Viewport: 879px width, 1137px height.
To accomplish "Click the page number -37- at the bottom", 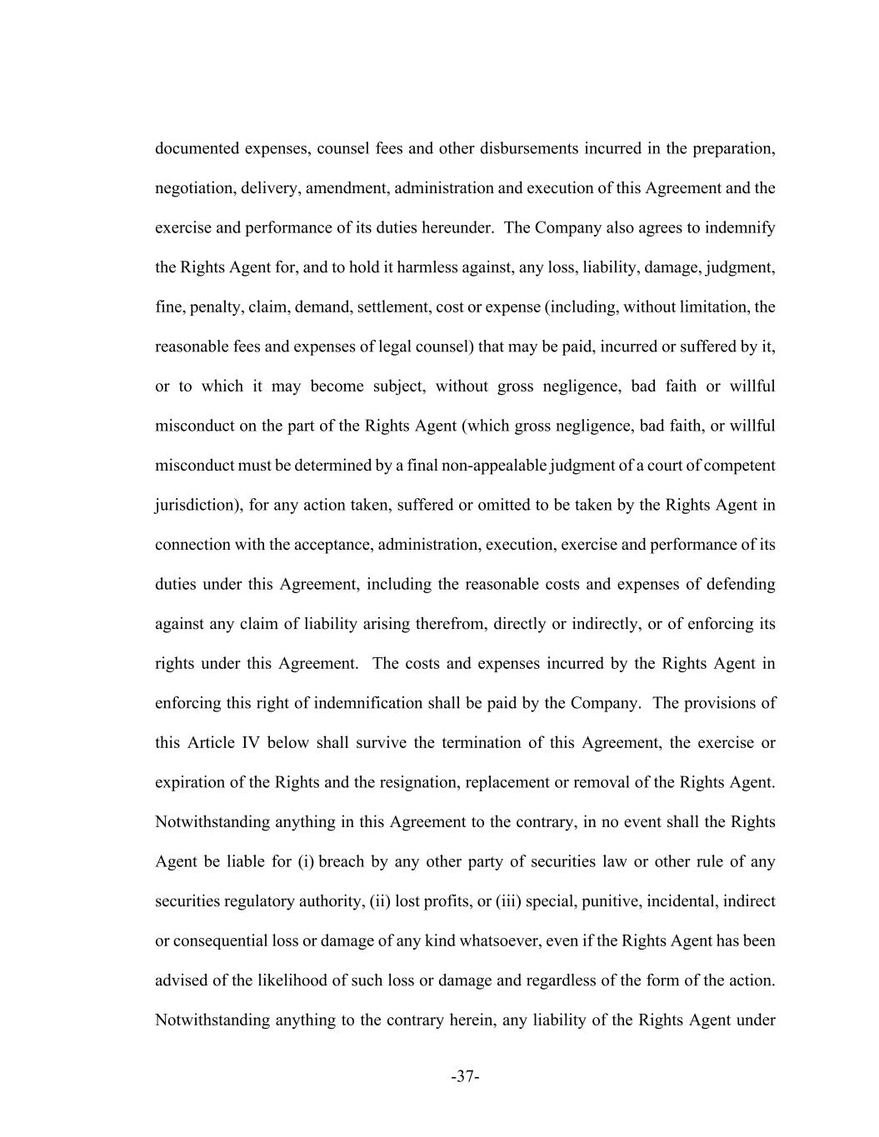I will (x=465, y=1077).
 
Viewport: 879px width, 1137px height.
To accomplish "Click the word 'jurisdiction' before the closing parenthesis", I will (x=197, y=506).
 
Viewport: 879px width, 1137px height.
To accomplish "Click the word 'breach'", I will (x=342, y=862).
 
